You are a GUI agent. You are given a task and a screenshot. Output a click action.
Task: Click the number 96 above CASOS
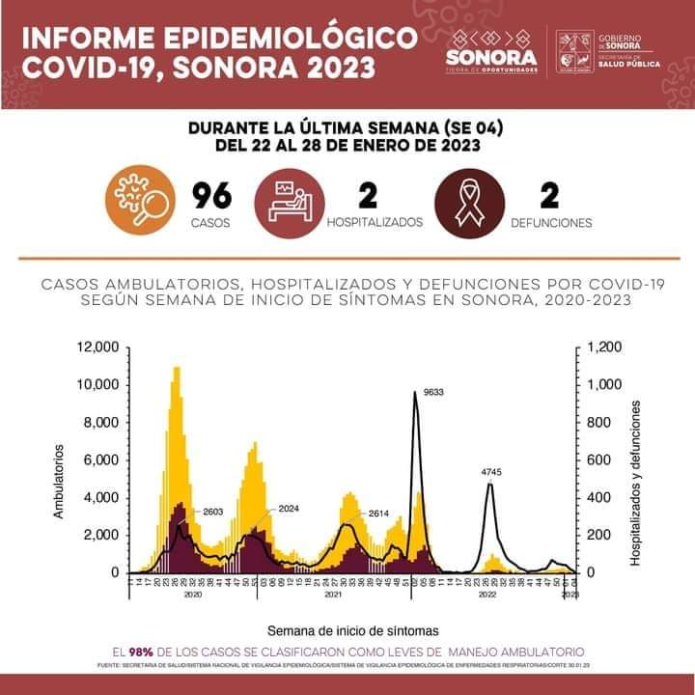(x=211, y=196)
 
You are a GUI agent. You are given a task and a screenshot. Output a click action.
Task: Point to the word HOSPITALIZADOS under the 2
(x=375, y=222)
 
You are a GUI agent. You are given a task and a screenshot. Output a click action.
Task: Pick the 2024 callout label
(x=290, y=508)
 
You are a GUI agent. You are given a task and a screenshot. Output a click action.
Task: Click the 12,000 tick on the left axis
(x=97, y=347)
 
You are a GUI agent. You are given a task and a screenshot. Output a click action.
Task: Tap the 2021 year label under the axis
(x=332, y=598)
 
